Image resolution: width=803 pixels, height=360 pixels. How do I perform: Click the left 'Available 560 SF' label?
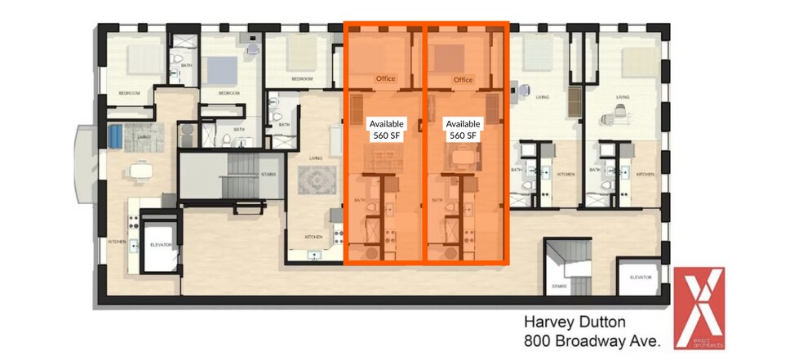pyautogui.click(x=386, y=129)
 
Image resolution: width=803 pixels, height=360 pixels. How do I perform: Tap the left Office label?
pyautogui.click(x=385, y=79)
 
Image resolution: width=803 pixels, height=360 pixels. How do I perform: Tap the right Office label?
pyautogui.click(x=464, y=80)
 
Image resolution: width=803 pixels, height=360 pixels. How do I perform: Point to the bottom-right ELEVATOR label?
pyautogui.click(x=641, y=278)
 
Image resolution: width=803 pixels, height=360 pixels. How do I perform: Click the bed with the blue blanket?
pyautogui.click(x=222, y=70)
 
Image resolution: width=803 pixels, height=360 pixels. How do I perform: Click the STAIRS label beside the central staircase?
pyautogui.click(x=268, y=174)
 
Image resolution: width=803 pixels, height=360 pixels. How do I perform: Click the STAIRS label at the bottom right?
pyautogui.click(x=559, y=286)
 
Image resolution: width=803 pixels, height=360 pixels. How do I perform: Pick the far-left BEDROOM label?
pyautogui.click(x=130, y=94)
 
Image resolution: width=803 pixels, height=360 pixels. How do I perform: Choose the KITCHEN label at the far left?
pyautogui.click(x=117, y=242)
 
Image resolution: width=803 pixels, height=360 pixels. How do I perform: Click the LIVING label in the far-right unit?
pyautogui.click(x=623, y=97)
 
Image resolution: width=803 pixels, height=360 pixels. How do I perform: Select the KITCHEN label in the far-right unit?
pyautogui.click(x=646, y=175)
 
